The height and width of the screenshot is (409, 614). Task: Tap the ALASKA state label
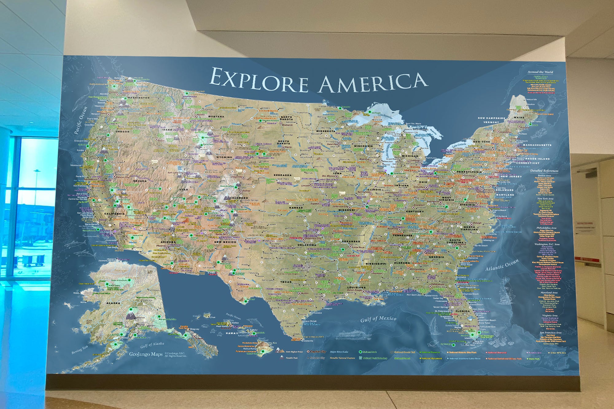click(113, 303)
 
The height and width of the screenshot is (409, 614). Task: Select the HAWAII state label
click(232, 333)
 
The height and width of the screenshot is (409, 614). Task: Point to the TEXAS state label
click(286, 282)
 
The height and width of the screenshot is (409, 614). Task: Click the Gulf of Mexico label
click(378, 319)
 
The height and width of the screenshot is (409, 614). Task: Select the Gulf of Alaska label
click(152, 345)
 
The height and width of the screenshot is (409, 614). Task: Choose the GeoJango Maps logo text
click(146, 354)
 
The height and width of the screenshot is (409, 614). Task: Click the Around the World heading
click(540, 72)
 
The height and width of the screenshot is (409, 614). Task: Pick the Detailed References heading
click(544, 171)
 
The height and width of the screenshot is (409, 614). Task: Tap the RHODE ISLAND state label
click(537, 159)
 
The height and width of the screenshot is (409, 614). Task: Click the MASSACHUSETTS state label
click(537, 145)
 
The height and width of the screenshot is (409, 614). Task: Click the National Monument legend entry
click(431, 358)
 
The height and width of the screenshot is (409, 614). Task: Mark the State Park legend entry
click(534, 359)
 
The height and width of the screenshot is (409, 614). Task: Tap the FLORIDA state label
click(462, 311)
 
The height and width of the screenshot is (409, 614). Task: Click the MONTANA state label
click(216, 117)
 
